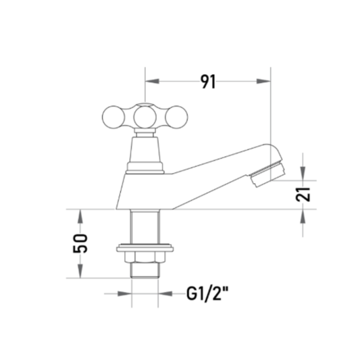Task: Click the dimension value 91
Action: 208,82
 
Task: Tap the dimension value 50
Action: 80,243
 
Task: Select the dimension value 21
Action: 303,195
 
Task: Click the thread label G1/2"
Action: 207,294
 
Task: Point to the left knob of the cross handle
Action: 113,117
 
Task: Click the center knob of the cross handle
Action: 145,117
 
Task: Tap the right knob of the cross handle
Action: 176,117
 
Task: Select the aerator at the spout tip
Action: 267,174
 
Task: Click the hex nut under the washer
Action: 145,257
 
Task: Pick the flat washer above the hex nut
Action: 145,247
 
